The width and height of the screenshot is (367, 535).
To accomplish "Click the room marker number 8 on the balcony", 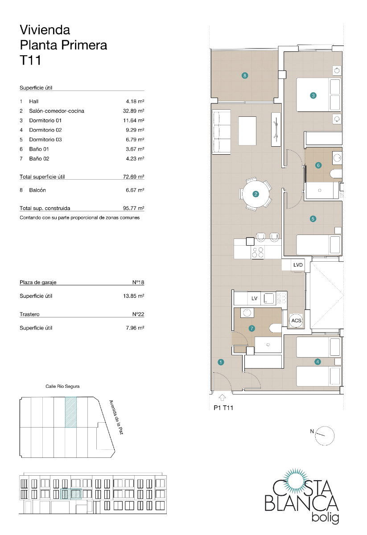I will (x=244, y=75).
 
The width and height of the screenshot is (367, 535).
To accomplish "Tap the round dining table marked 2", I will (x=256, y=194).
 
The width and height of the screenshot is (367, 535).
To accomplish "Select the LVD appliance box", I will (x=298, y=265).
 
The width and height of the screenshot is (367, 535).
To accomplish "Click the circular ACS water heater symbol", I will (x=296, y=321).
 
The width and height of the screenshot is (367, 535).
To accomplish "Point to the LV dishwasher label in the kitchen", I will (x=255, y=298).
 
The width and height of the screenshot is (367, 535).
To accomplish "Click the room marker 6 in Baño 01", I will (x=318, y=165).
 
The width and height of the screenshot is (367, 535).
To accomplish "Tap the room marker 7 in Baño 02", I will (x=252, y=329).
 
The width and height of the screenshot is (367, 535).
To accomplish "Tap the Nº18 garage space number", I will (x=138, y=282).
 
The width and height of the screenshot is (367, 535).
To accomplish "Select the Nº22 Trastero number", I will (x=138, y=314).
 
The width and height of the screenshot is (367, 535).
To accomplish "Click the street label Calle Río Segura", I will (x=62, y=387).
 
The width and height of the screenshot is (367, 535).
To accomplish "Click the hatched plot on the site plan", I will (x=71, y=412).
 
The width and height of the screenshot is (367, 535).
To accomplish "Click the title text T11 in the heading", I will (x=30, y=60).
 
